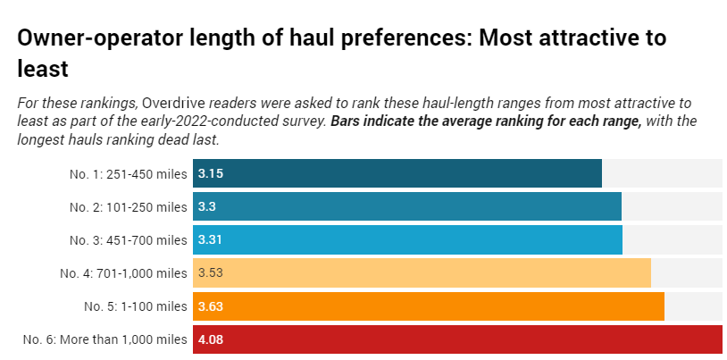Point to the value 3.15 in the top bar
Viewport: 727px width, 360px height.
tap(210, 173)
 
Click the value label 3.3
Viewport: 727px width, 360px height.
tap(207, 206)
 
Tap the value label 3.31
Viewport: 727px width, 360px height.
tap(210, 239)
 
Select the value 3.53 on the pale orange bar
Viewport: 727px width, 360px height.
tap(210, 272)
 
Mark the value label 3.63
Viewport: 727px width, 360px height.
tap(210, 306)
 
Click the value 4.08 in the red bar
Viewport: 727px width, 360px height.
tap(210, 339)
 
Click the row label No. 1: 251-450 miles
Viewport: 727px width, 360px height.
tap(128, 173)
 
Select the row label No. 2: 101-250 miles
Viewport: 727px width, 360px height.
tap(128, 206)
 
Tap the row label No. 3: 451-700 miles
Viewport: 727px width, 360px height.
tap(128, 239)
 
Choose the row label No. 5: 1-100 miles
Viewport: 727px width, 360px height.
tap(136, 306)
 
